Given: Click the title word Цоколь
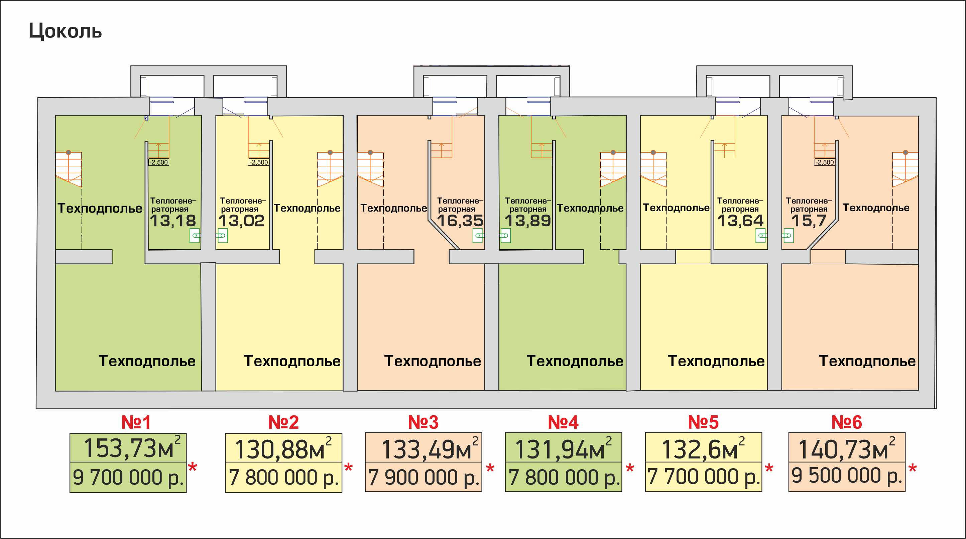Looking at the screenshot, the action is [65, 31].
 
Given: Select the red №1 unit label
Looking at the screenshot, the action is [136, 422].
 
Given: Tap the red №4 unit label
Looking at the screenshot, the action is [563, 422].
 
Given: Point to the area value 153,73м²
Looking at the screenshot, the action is [132, 447].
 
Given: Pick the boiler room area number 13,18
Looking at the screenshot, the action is [173, 221].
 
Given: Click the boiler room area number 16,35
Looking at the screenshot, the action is [460, 221].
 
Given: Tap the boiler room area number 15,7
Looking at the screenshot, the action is [809, 221].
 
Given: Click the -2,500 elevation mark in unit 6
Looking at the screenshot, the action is [824, 162].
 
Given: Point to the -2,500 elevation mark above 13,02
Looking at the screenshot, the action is [258, 162].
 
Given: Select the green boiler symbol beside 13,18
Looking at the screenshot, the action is [195, 235].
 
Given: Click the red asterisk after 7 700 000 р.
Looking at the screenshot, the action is [769, 468].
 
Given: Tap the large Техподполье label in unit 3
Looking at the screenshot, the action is [433, 361].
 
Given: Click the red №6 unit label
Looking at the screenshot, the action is [846, 422].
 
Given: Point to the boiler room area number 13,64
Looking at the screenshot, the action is [740, 221].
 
